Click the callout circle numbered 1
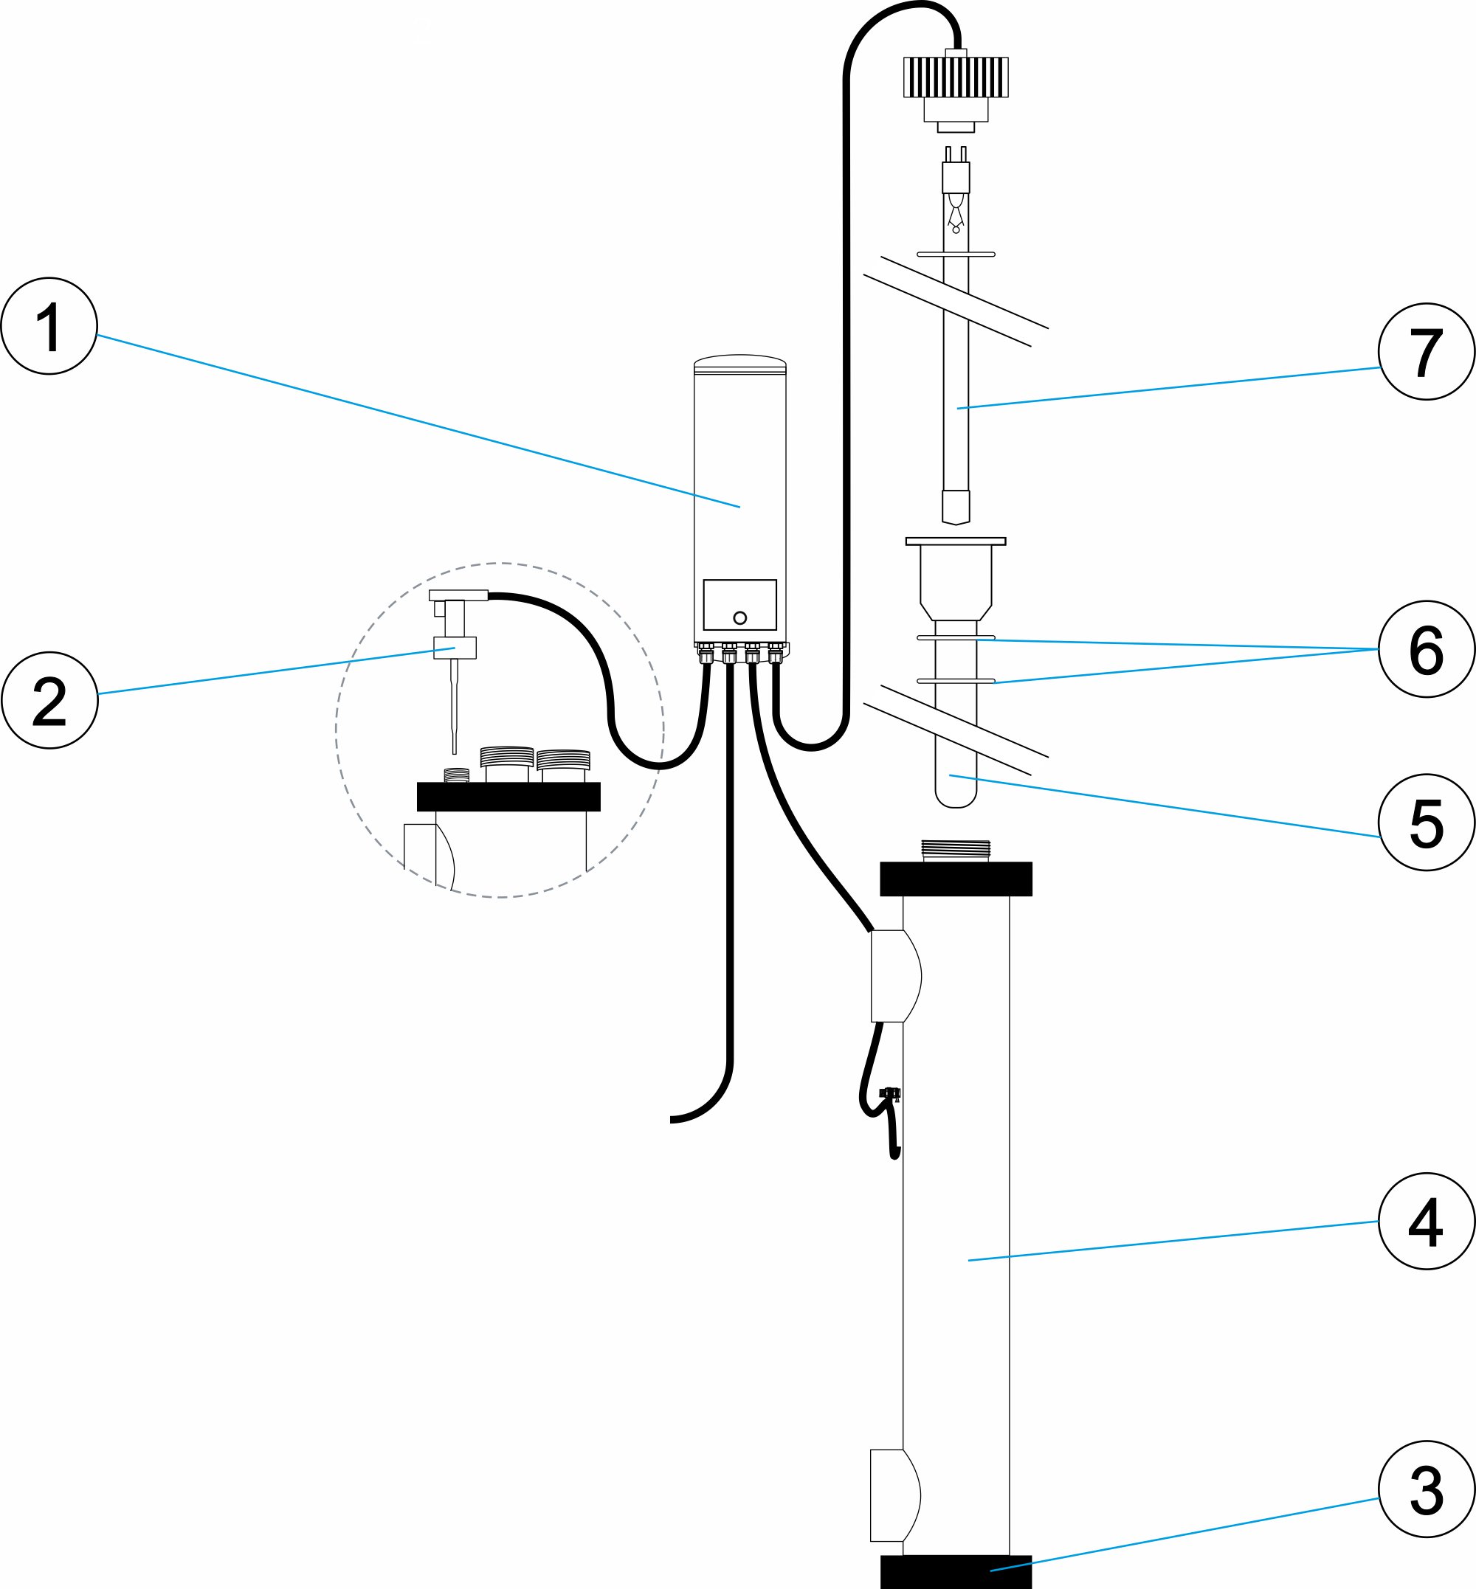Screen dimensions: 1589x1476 (x=49, y=326)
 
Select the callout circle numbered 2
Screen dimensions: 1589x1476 (x=49, y=700)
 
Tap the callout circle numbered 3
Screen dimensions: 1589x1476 (x=1426, y=1489)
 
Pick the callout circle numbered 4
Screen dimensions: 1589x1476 (x=1426, y=1221)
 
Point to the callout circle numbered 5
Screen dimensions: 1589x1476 (x=1426, y=823)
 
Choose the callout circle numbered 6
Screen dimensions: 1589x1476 (x=1426, y=649)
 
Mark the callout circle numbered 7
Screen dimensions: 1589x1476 (x=1426, y=351)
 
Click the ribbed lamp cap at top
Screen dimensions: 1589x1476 (x=955, y=77)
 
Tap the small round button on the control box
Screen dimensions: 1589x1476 (x=739, y=618)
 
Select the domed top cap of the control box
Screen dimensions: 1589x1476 (x=739, y=361)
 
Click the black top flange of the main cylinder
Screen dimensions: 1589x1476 (x=955, y=879)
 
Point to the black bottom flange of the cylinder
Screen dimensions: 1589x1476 (x=955, y=1571)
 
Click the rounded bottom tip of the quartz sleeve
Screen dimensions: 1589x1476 (x=955, y=798)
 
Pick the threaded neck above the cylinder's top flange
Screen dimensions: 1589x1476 (x=955, y=851)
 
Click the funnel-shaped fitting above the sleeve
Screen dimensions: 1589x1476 (x=955, y=579)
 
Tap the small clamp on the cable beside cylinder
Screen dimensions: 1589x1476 (x=890, y=1093)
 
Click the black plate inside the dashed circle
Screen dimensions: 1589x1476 (x=508, y=797)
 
